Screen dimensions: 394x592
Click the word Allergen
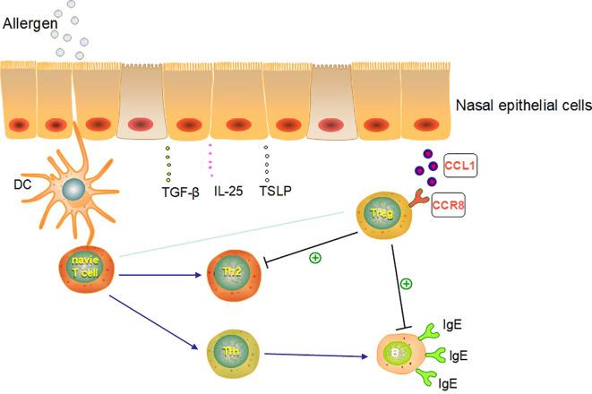point(31,21)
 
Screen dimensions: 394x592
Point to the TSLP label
point(275,190)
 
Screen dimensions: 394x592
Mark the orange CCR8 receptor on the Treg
point(424,202)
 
